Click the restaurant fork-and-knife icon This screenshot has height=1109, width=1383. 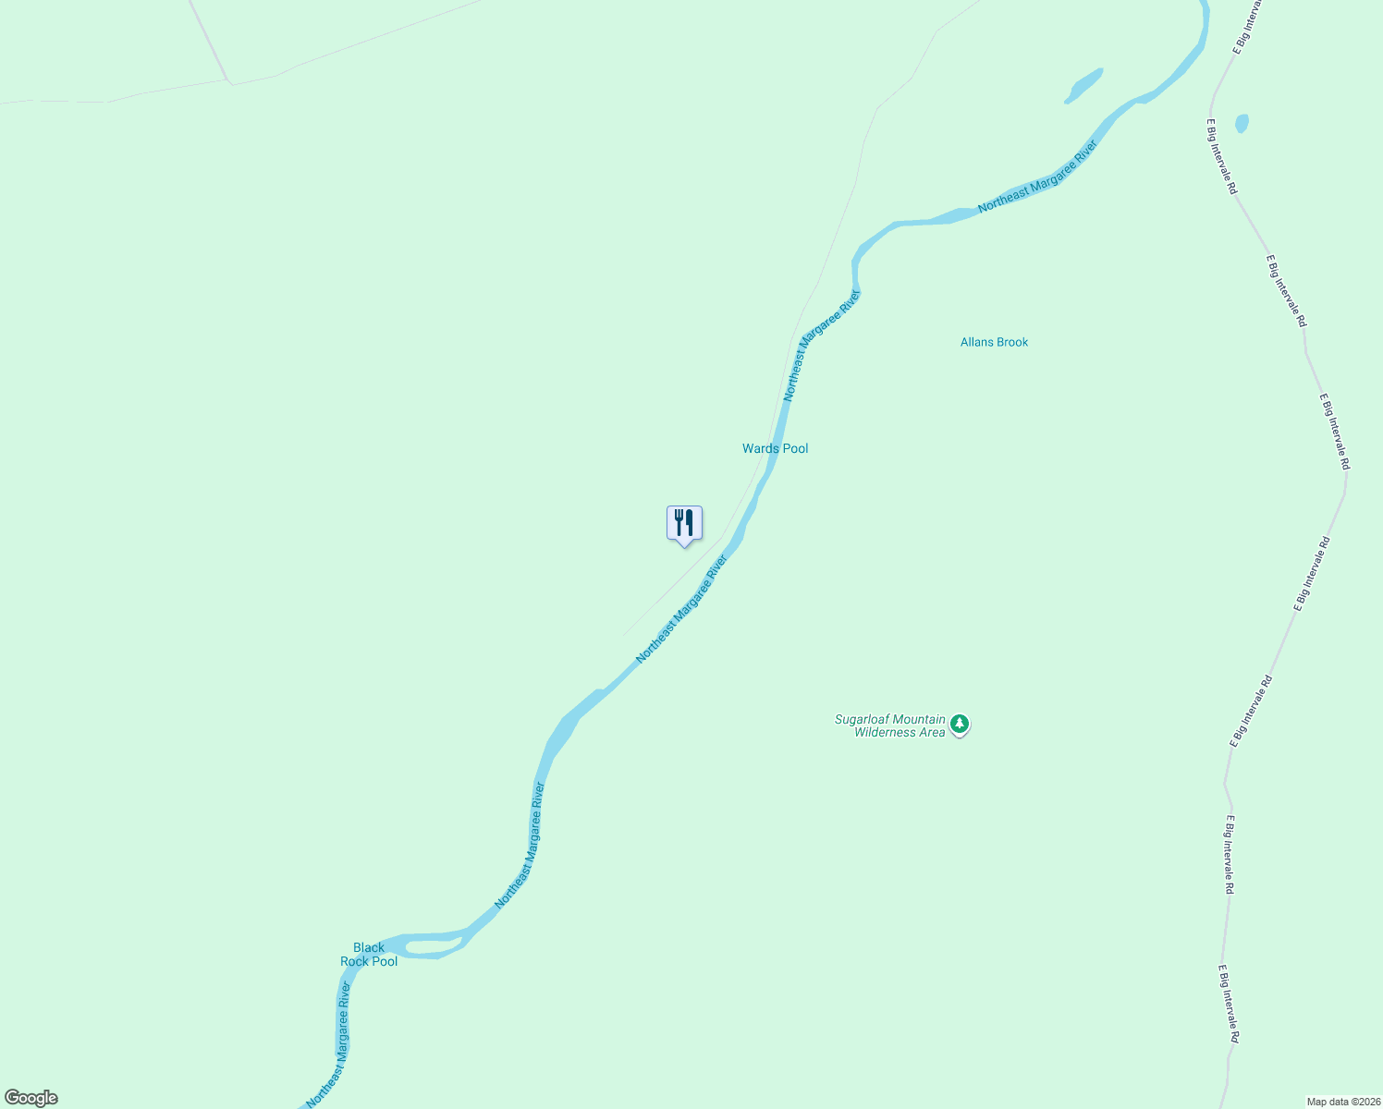click(684, 523)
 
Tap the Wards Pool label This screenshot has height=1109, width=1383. click(775, 448)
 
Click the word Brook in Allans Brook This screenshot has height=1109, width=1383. click(1013, 342)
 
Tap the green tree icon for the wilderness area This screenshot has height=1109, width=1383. click(961, 724)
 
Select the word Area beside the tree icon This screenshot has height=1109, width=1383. click(933, 733)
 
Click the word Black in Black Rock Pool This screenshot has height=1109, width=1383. click(369, 947)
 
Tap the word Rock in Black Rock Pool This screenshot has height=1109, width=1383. click(355, 961)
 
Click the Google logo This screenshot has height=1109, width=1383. click(31, 1098)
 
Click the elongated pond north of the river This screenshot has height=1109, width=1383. click(1084, 85)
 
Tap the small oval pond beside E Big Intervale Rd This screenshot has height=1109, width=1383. click(1242, 123)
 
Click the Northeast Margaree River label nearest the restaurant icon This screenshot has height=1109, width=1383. click(681, 608)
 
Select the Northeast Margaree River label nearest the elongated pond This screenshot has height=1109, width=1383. click(1037, 177)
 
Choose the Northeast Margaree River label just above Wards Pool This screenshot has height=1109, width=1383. click(822, 345)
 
